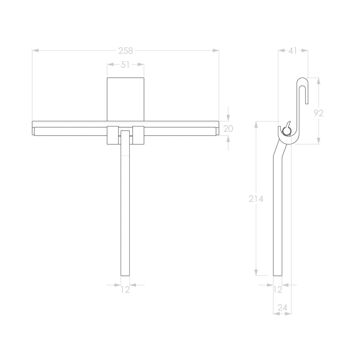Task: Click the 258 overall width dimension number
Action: click(x=126, y=51)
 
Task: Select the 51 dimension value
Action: click(x=126, y=64)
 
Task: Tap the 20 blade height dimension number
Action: click(x=228, y=129)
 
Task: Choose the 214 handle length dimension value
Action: click(x=256, y=199)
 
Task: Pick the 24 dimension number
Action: click(x=283, y=308)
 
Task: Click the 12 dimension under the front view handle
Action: click(x=126, y=289)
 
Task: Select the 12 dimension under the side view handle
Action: click(x=278, y=289)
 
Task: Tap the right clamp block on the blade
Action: click(x=139, y=134)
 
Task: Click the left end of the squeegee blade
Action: click(x=34, y=128)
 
